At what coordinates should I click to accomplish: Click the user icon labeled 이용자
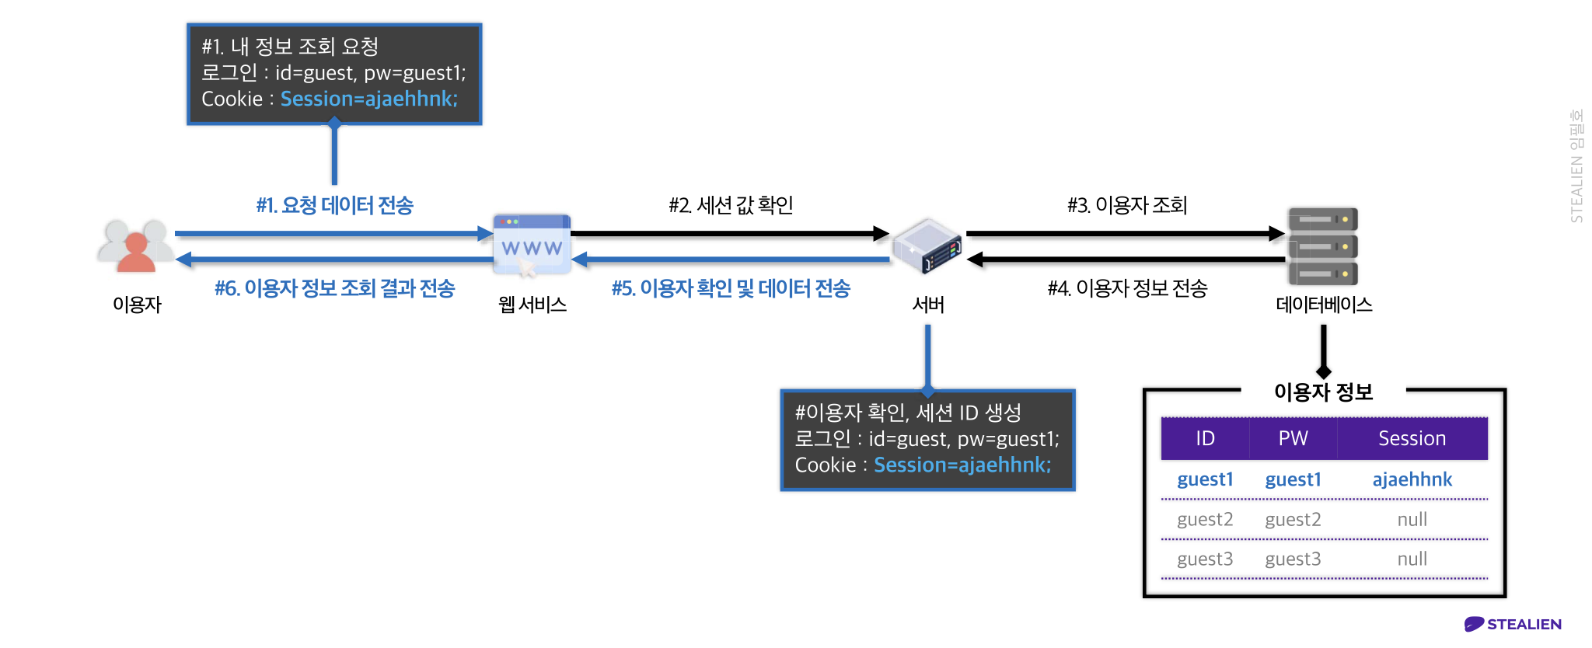(136, 246)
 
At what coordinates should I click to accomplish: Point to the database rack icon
(1322, 246)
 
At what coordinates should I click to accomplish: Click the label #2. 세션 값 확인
(731, 205)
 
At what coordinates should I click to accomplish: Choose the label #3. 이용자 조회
(1127, 205)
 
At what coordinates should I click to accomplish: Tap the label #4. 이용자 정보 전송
(1127, 288)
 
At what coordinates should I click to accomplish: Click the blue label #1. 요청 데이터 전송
(334, 205)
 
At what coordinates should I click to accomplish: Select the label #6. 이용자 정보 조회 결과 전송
(334, 288)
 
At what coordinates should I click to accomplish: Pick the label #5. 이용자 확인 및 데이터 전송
(731, 288)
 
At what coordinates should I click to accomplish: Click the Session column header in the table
(1412, 438)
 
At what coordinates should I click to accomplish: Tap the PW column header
(1293, 438)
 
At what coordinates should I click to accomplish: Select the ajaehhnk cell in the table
(1412, 479)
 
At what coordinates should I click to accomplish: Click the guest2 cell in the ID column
(1205, 519)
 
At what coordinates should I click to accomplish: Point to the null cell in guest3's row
(1412, 559)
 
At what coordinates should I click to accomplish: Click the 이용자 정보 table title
(1323, 392)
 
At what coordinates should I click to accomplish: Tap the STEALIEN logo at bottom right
(1513, 624)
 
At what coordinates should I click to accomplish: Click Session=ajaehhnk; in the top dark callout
(369, 99)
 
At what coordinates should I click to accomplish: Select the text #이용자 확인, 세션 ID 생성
(908, 412)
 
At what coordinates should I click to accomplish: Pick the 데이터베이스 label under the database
(1324, 305)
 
